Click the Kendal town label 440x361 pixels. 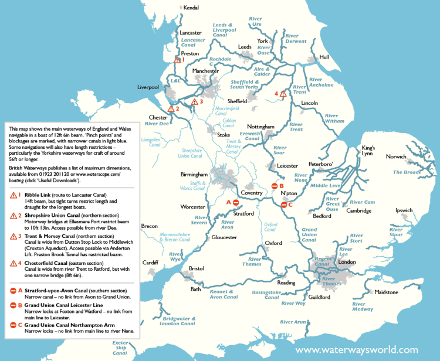pyautogui.click(x=191, y=8)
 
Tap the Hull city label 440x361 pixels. pyautogui.click(x=324, y=57)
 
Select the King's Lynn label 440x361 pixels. pyautogui.click(x=368, y=151)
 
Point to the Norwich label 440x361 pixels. pyautogui.click(x=396, y=156)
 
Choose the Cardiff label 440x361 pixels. pyautogui.click(x=151, y=262)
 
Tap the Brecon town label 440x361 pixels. pyautogui.click(x=150, y=226)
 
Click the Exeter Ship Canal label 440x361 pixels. pyautogui.click(x=120, y=348)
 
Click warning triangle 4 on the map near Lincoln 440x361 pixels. pyautogui.click(x=282, y=93)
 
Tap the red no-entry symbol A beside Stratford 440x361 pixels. pyautogui.click(x=235, y=202)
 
